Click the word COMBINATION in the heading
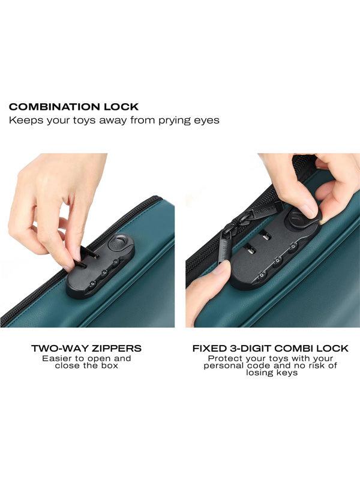55,107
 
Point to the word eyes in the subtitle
206,121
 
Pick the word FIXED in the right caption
209,349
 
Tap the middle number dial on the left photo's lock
104,272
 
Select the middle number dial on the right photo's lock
278,260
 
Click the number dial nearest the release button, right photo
293,245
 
